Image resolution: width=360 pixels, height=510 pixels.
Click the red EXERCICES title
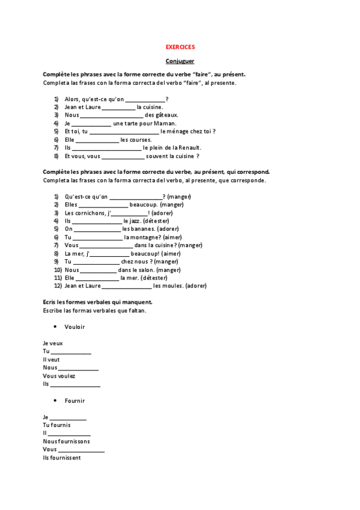click(x=180, y=46)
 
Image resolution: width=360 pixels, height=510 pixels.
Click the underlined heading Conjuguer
click(x=180, y=61)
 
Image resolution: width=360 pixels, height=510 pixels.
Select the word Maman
click(x=165, y=123)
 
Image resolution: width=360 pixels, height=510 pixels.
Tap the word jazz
click(x=132, y=221)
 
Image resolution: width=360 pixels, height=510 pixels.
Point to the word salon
click(x=145, y=270)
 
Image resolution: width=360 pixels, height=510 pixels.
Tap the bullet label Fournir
click(x=75, y=401)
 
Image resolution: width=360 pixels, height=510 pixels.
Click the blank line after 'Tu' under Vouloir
click(x=71, y=352)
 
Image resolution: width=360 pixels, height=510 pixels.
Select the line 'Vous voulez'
click(x=59, y=376)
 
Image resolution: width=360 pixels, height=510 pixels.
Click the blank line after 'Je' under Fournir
click(x=67, y=417)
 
